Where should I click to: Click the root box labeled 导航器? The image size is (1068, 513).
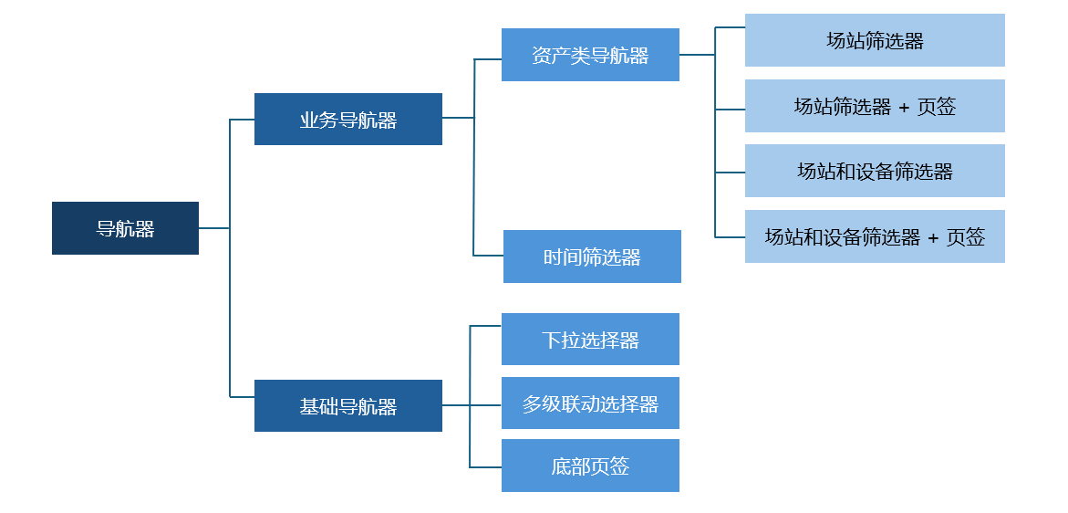(125, 228)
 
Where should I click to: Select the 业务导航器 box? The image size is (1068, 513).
(347, 119)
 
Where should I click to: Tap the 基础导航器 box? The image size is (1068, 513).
(347, 405)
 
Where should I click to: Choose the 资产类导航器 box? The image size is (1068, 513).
(590, 55)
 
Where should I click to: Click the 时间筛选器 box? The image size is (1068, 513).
(592, 256)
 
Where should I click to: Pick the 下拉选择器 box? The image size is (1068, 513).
(590, 340)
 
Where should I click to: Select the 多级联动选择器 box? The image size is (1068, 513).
(590, 403)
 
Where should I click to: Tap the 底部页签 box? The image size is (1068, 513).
(590, 466)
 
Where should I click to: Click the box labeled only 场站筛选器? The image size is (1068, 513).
(875, 40)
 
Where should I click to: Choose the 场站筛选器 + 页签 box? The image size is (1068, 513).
(875, 106)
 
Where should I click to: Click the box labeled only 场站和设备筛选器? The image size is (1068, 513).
(875, 171)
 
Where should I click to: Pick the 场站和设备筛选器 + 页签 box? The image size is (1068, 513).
(875, 236)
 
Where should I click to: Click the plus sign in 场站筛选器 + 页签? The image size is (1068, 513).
(904, 107)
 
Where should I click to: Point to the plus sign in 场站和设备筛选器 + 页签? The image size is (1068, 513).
(933, 237)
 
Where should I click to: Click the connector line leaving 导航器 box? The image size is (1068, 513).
(213, 228)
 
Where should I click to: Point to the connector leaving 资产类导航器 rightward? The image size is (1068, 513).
(697, 55)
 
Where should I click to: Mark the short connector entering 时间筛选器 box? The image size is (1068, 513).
(488, 256)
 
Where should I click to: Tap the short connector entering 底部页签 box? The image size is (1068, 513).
(485, 467)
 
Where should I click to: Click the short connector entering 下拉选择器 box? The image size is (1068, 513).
(485, 326)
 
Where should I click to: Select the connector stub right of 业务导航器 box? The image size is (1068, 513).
(458, 118)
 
